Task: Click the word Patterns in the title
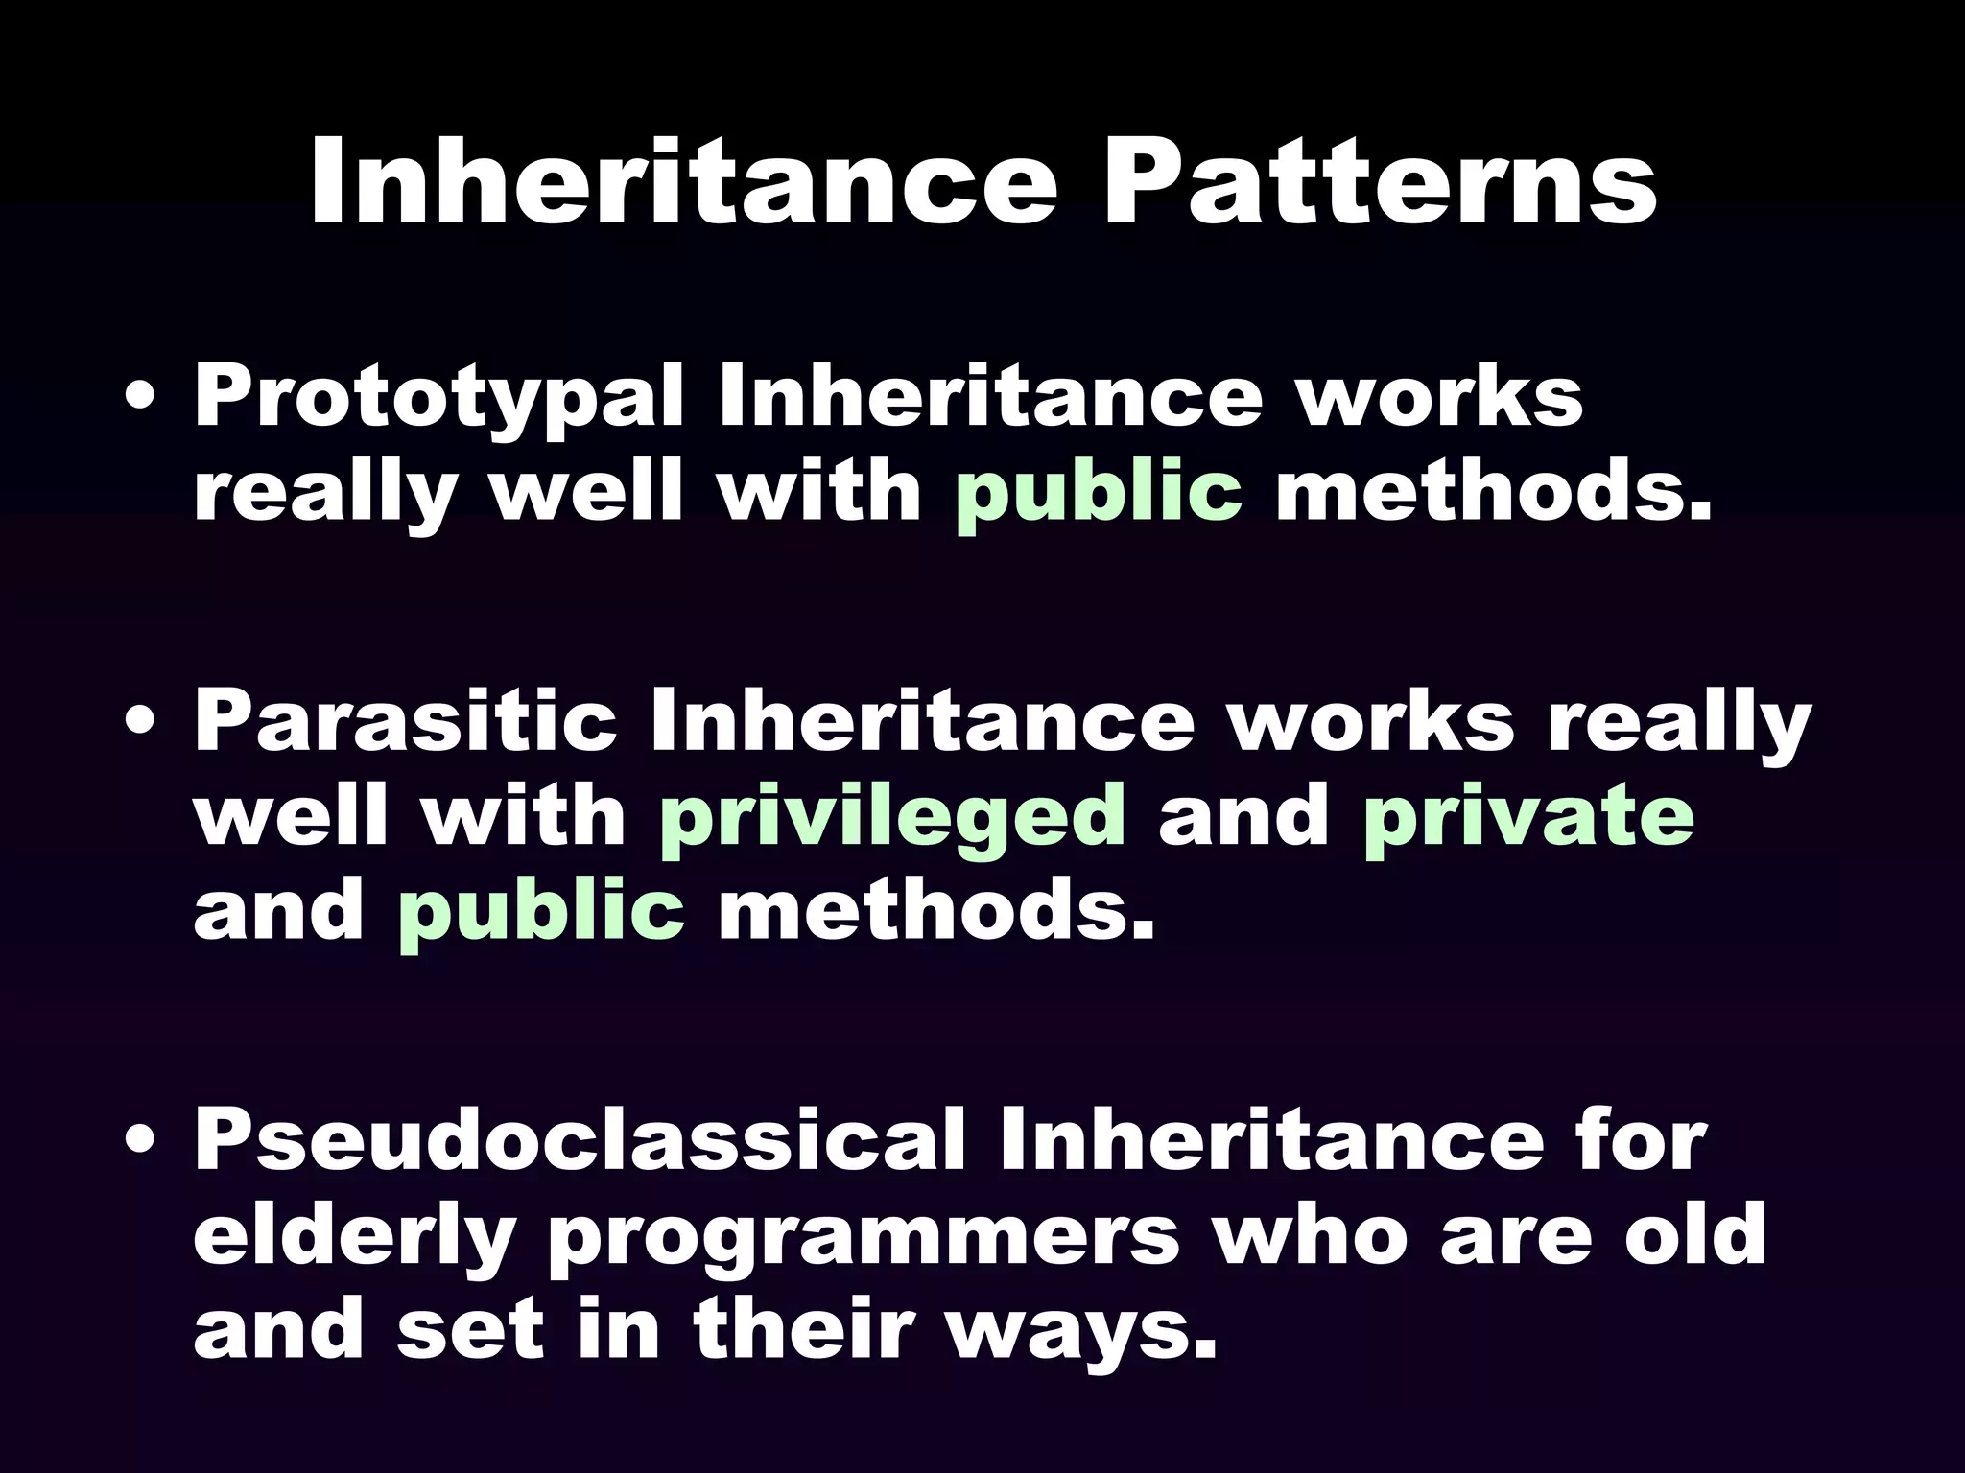pos(1380,182)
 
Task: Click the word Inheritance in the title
pos(682,182)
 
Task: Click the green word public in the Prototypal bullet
pos(1098,495)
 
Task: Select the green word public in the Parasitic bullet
pos(540,911)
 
